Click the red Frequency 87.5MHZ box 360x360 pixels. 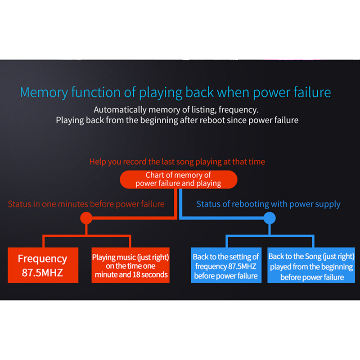[43, 265]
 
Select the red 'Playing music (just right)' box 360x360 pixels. [130, 265]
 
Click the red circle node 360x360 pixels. [86, 218]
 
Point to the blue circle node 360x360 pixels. [269, 218]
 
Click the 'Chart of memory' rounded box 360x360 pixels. [178, 179]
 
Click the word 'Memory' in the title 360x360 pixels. [43, 93]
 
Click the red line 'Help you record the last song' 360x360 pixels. [177, 162]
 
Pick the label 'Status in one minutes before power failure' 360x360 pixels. [86, 204]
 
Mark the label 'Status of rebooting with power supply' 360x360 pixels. [268, 204]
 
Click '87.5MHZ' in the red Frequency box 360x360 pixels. [43, 272]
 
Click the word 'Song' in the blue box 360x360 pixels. [312, 256]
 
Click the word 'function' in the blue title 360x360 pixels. [95, 93]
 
